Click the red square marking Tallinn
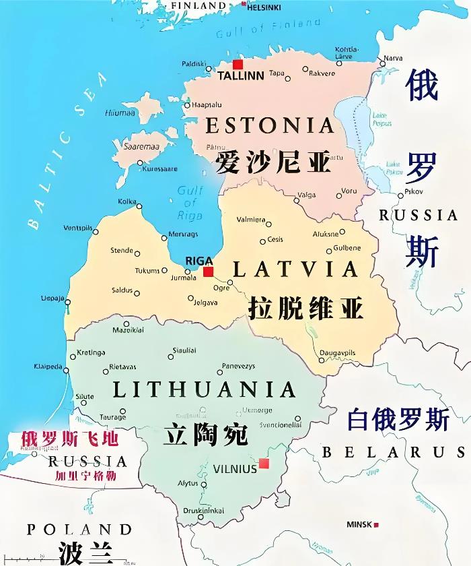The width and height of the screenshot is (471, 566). click(x=238, y=65)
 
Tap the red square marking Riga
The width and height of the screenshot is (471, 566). click(x=209, y=272)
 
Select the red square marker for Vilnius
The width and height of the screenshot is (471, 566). click(x=264, y=464)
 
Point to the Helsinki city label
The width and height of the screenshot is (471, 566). click(x=264, y=7)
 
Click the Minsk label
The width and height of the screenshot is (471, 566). click(x=359, y=524)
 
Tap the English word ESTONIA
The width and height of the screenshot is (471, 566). click(x=270, y=125)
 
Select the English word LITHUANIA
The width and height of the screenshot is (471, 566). click(x=205, y=390)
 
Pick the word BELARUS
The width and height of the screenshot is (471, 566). click(x=394, y=452)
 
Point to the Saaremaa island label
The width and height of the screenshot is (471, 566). click(x=141, y=146)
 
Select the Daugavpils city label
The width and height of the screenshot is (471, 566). click(x=338, y=352)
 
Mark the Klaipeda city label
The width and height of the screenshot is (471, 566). click(x=47, y=367)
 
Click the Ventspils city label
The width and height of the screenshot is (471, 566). click(x=77, y=228)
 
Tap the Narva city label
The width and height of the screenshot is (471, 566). click(x=393, y=58)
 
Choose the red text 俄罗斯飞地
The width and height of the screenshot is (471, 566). click(x=70, y=439)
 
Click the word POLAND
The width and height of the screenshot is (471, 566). click(x=79, y=530)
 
